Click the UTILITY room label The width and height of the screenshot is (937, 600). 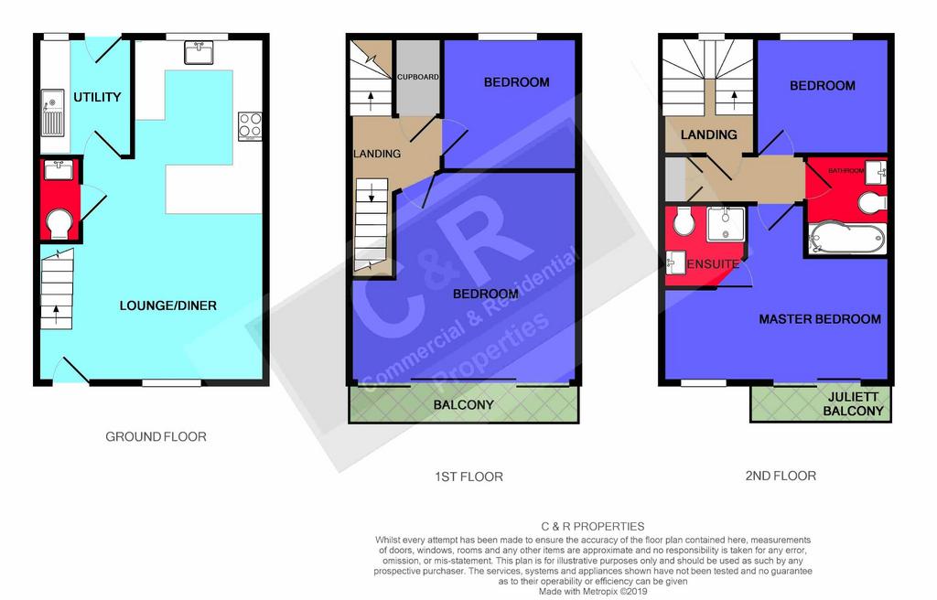point(97,97)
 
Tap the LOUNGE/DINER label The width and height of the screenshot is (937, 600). point(168,306)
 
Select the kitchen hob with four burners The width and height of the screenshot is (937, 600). point(250,126)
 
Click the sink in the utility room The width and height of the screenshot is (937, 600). point(52,113)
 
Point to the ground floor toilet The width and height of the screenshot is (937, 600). point(59,223)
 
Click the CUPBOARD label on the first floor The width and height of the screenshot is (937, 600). point(417,77)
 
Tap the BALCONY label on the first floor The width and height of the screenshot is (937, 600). point(464,405)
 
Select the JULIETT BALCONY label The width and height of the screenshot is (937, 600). point(853,404)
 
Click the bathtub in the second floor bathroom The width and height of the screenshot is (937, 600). point(846,239)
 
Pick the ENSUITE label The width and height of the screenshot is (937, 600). point(713,264)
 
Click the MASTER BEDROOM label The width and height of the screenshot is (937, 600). point(820,319)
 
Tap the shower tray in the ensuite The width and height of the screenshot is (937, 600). point(726,224)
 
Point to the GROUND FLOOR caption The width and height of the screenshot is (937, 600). point(156,437)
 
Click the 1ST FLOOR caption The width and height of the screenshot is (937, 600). point(468,477)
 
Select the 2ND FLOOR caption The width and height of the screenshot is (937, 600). point(781,476)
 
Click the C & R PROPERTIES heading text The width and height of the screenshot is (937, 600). point(593,527)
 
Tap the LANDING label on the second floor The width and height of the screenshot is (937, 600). point(709,134)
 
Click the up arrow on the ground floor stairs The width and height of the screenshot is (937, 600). point(57,315)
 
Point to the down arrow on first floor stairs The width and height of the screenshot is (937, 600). point(372,193)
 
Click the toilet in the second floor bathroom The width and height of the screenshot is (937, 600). point(872,203)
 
